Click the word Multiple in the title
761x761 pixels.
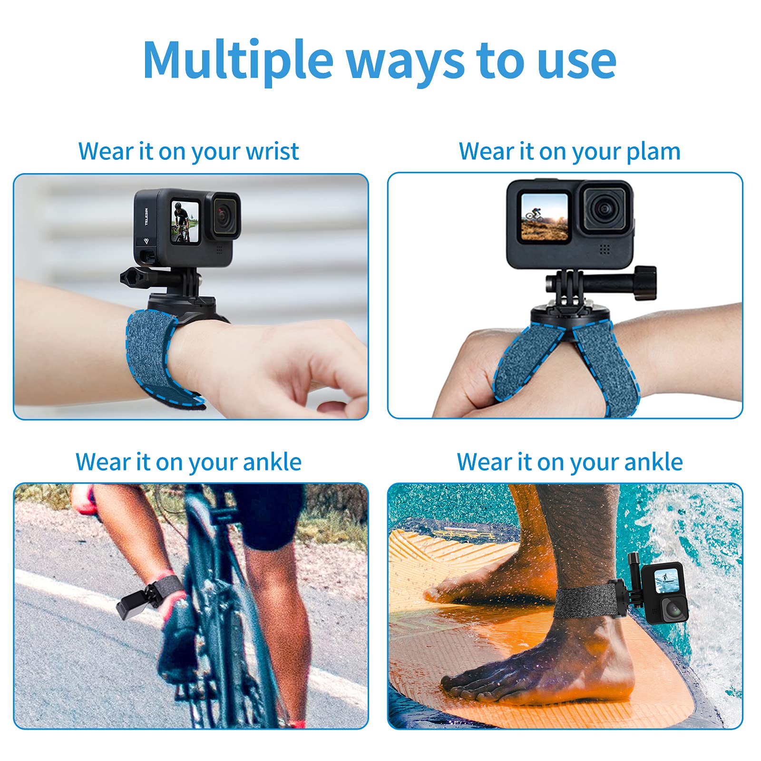(x=238, y=61)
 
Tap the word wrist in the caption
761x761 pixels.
(x=272, y=151)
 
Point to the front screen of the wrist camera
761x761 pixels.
(x=185, y=221)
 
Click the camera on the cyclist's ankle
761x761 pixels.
(x=131, y=604)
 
